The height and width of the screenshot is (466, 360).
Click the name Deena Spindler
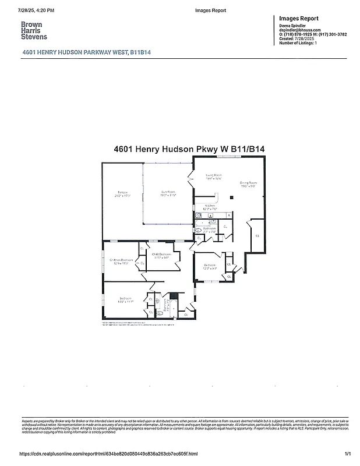coord(293,26)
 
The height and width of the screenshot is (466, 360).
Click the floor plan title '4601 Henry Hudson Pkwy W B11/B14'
coord(189,149)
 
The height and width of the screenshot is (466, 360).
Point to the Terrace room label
coord(122,194)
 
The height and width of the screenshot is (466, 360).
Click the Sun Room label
coord(168,194)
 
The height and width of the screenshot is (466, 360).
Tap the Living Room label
coord(214,176)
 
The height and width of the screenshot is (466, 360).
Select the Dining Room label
coord(249,185)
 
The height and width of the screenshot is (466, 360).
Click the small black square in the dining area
coord(231,198)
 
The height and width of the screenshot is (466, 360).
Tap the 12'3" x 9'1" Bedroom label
coord(210,267)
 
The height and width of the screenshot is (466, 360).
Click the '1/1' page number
coord(348,454)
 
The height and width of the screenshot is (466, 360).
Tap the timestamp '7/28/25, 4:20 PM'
coord(36,10)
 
